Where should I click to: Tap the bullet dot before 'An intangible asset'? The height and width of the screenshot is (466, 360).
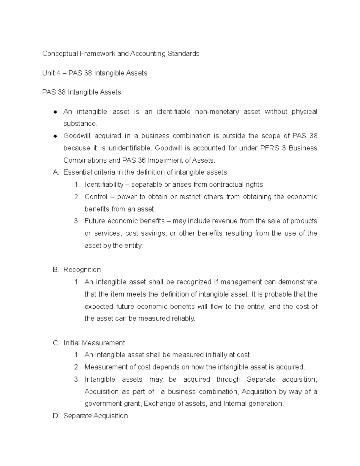coord(55,112)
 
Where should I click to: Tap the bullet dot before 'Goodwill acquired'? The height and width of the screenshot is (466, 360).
coord(55,136)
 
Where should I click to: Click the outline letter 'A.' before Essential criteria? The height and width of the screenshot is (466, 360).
coord(56,172)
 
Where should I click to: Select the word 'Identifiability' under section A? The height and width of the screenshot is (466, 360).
coord(104,185)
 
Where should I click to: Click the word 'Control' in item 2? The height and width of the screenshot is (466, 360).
coord(96,197)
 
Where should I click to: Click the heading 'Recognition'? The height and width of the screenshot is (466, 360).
coord(82,269)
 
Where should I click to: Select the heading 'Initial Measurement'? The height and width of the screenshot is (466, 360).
coord(94,343)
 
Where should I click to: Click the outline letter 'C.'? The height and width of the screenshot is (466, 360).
coord(56,343)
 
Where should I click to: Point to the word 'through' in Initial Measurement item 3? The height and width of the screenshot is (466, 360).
coord(228,379)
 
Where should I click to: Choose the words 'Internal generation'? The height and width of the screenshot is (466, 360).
coord(253,404)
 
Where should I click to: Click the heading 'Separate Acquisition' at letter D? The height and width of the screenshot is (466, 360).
coord(95,416)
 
